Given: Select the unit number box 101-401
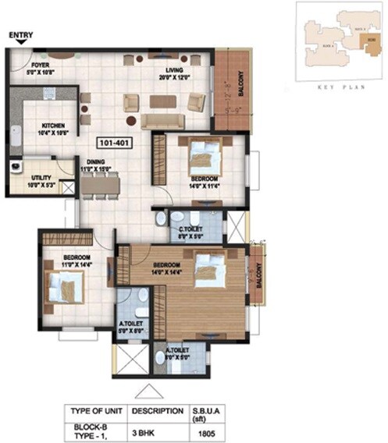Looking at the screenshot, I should pos(114,144).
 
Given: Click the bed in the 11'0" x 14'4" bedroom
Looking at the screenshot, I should pos(64,289).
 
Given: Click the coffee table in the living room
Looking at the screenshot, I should pos(163,101).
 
